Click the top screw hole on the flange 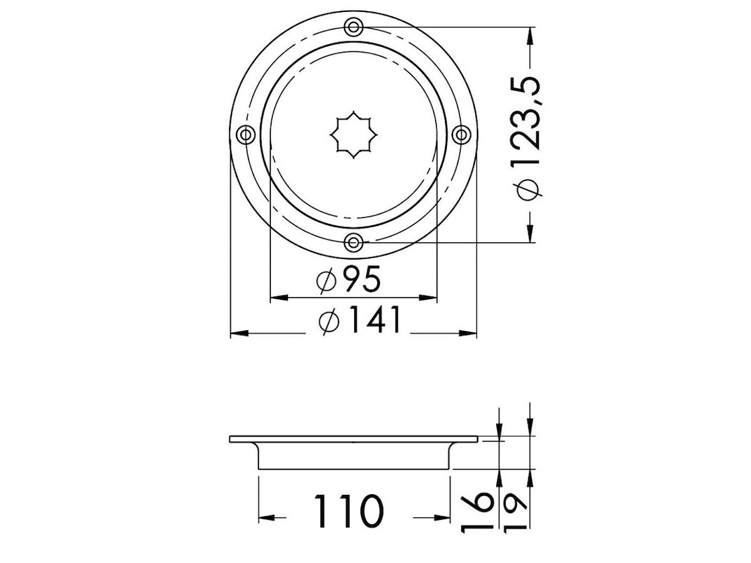(x=353, y=27)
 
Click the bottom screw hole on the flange (x=353, y=243)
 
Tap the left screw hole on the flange (x=246, y=134)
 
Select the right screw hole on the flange (x=461, y=134)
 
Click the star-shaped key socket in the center (x=354, y=134)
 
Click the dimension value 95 (x=362, y=278)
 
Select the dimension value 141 (x=375, y=320)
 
